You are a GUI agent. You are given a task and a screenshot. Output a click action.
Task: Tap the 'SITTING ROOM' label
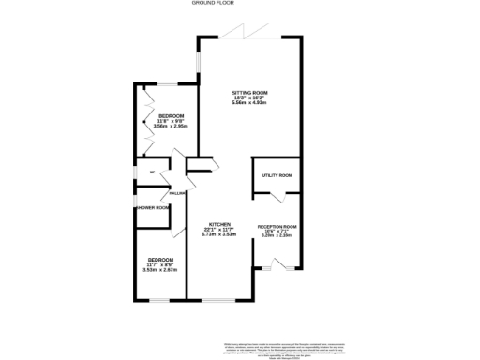click(250, 92)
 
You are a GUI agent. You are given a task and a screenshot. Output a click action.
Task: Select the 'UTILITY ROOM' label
click(277, 175)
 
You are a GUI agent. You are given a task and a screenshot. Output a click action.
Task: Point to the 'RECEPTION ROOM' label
click(277, 227)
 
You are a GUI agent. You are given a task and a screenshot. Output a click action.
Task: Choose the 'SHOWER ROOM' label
click(153, 208)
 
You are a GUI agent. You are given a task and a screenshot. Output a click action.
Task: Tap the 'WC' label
click(139, 172)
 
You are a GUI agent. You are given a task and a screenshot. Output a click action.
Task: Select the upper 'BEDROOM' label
click(171, 116)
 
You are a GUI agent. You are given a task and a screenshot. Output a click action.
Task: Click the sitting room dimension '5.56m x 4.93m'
click(250, 102)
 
